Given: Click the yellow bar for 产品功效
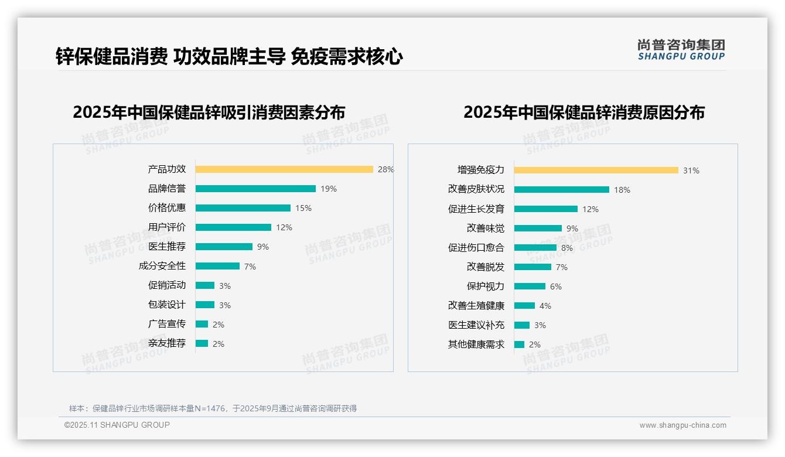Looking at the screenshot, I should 284,169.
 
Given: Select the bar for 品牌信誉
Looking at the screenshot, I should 255,189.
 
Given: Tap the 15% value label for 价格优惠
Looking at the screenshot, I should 303,208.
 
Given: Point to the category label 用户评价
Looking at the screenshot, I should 166,227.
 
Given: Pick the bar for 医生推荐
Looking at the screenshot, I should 224,247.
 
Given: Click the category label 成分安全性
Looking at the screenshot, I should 162,266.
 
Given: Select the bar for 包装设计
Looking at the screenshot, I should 205,305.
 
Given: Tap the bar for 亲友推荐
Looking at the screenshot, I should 202,343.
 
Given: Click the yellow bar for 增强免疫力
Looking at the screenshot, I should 596,170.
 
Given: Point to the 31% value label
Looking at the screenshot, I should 691,170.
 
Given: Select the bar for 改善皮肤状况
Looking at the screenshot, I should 561,190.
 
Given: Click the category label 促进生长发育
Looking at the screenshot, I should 476,209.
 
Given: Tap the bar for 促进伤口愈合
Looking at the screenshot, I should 535,248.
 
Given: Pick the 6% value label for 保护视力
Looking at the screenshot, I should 555,287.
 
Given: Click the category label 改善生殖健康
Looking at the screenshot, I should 476,306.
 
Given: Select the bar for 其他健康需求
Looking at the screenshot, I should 519,345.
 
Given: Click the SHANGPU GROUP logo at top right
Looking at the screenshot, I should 681,50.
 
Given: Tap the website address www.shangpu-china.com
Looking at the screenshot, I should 682,425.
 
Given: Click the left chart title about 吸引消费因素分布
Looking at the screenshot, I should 209,112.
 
